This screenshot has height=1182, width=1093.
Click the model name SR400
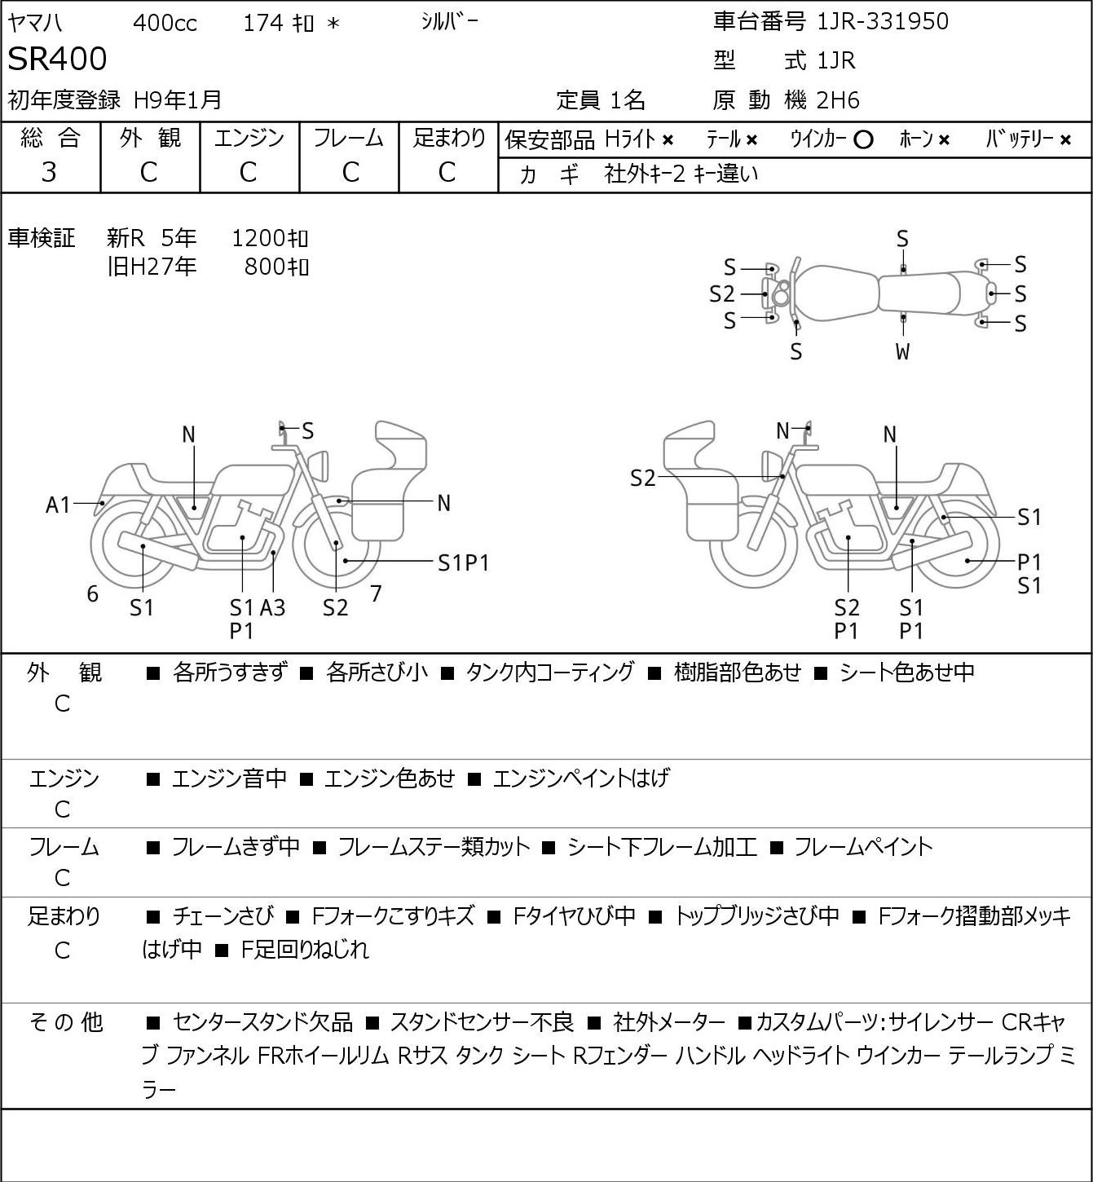pos(57,59)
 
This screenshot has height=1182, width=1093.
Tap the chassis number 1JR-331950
pos(882,21)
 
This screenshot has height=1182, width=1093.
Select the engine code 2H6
pos(838,100)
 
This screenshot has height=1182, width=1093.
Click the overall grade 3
pos(49,172)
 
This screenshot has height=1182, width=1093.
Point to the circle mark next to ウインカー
pos(862,140)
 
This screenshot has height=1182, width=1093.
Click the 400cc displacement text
pos(165,23)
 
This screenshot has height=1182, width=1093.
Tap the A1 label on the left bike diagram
pos(58,505)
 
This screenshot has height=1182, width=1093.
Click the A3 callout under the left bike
pos(273,607)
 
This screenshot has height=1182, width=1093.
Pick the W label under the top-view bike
pos(902,351)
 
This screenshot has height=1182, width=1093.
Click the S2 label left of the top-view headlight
pos(722,294)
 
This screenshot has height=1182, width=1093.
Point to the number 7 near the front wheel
pos(376,593)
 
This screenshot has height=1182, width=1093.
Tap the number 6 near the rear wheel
pos(92,593)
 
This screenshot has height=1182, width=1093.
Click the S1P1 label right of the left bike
pos(463,563)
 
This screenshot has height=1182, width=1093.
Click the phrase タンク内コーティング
pos(550,672)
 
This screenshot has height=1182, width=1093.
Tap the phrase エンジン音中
pos(229,778)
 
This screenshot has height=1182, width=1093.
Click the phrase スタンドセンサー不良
pos(482,1022)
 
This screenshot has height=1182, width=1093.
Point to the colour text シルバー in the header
pos(449,22)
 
